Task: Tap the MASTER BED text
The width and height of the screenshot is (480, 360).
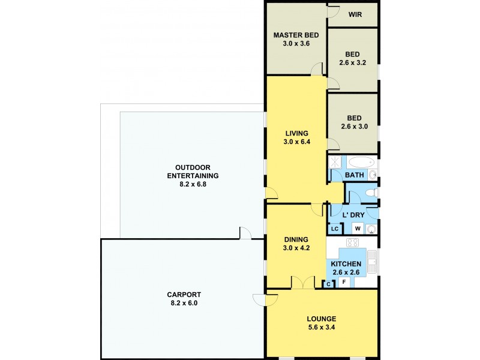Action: (x=296, y=35)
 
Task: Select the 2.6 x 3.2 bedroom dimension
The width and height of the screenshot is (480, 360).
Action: (x=353, y=61)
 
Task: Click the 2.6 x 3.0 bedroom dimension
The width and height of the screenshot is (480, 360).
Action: (x=353, y=127)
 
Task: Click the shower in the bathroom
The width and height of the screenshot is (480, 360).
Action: (x=334, y=163)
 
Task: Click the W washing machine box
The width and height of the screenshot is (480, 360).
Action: (x=357, y=229)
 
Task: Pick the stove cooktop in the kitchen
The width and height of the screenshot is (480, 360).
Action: (x=353, y=243)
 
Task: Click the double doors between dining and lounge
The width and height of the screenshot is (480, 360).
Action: (x=303, y=283)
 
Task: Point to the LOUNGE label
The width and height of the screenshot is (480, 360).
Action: (x=322, y=319)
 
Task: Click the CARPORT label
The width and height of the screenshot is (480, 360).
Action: (x=184, y=295)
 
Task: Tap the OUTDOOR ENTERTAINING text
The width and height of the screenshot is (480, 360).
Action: (x=192, y=172)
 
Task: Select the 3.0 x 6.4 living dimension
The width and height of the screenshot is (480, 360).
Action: (x=296, y=142)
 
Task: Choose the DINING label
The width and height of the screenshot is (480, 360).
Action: (x=296, y=238)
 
